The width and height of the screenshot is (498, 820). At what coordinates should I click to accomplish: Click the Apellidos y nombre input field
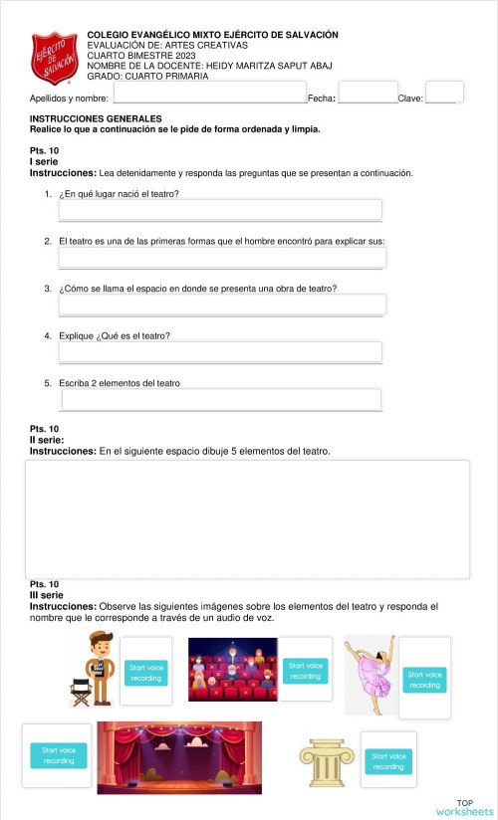[x=209, y=92]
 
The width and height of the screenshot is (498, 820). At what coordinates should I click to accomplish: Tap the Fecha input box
[x=368, y=92]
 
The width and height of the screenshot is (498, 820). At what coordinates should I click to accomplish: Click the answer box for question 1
[x=220, y=209]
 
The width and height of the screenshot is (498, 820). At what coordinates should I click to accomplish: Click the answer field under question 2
[x=222, y=258]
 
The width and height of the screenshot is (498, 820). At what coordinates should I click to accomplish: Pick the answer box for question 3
[x=222, y=305]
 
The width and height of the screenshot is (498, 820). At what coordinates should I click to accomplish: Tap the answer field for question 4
[x=220, y=351]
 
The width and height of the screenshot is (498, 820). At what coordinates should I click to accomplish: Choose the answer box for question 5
[x=221, y=399]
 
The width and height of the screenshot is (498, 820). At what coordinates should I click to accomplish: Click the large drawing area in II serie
[x=247, y=518]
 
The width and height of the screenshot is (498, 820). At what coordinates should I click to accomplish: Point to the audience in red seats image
[x=232, y=669]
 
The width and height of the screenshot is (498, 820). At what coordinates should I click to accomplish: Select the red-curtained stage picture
[x=179, y=757]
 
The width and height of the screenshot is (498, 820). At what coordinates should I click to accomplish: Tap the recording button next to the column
[x=388, y=761]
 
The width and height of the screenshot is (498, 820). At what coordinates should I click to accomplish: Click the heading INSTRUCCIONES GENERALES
[x=96, y=118]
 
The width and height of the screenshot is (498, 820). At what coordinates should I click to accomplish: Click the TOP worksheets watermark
[x=464, y=807]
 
